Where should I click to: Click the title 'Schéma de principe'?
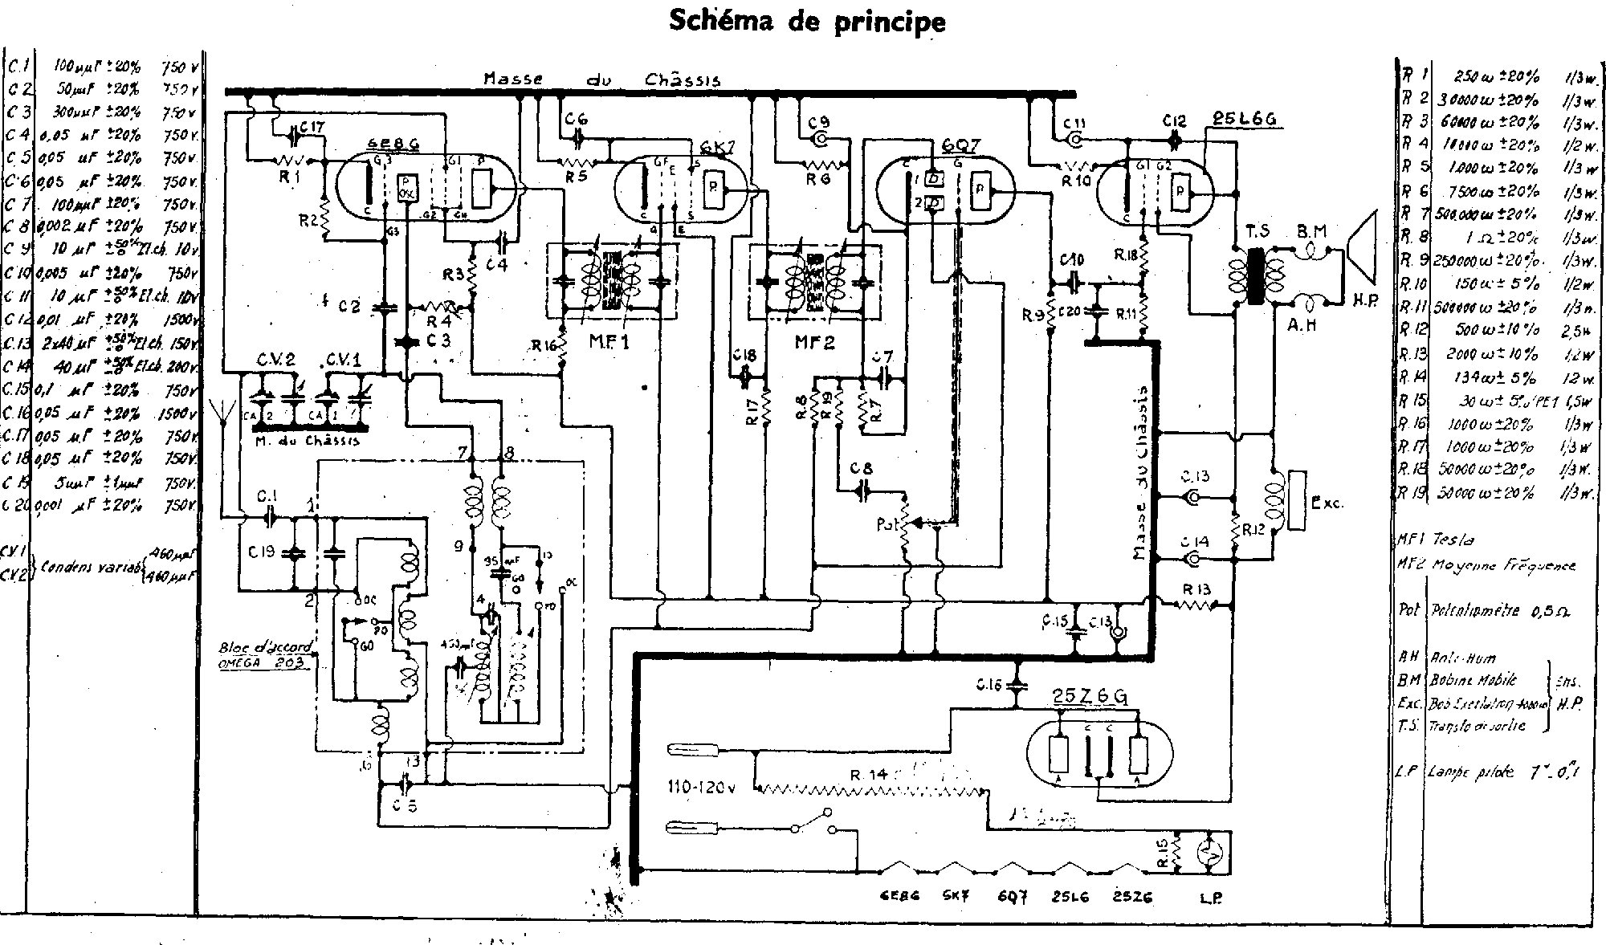[807, 22]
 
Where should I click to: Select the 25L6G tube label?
[1242, 120]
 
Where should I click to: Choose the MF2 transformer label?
[814, 342]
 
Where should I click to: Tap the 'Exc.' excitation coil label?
[1326, 504]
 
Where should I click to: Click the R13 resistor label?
[1196, 590]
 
